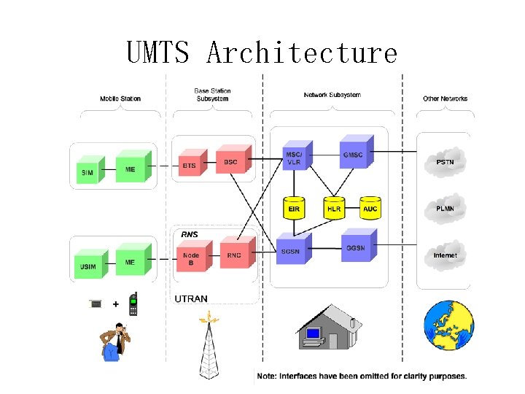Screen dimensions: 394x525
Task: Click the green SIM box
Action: point(86,171)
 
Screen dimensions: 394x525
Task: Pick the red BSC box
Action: point(230,161)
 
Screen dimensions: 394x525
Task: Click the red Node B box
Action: point(190,258)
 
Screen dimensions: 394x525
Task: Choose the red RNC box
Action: point(234,255)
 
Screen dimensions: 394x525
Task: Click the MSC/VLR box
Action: point(293,158)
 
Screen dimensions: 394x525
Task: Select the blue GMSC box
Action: point(352,155)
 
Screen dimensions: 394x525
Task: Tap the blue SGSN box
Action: point(289,251)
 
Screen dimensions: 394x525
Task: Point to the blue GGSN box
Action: point(355,247)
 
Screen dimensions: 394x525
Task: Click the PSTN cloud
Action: point(444,162)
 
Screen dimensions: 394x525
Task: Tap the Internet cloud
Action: point(445,255)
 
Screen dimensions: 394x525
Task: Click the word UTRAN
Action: point(191,299)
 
